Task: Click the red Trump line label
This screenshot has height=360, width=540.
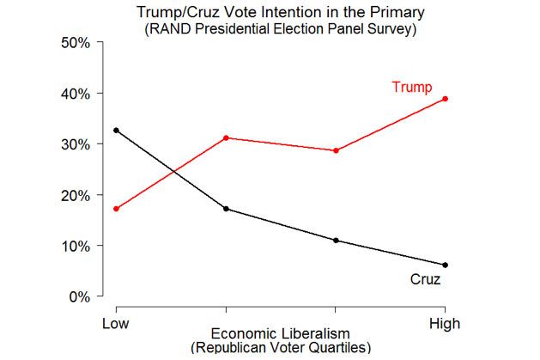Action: tap(411, 87)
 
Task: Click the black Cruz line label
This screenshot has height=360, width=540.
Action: tap(425, 279)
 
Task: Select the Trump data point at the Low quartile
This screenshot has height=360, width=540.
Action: tap(116, 209)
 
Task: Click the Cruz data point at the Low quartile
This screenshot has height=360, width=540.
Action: tap(116, 131)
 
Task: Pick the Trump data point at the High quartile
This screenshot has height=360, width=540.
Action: tap(445, 99)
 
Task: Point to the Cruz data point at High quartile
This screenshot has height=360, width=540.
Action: tap(445, 265)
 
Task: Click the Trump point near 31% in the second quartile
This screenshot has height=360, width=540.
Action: tap(226, 137)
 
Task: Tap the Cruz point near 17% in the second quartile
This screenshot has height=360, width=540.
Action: tap(226, 209)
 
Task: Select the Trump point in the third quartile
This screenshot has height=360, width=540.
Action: tap(336, 150)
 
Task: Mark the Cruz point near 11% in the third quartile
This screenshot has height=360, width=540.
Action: tap(336, 241)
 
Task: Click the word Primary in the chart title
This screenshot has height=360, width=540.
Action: tap(384, 13)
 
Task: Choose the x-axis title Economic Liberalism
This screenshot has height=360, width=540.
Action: tap(280, 334)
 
